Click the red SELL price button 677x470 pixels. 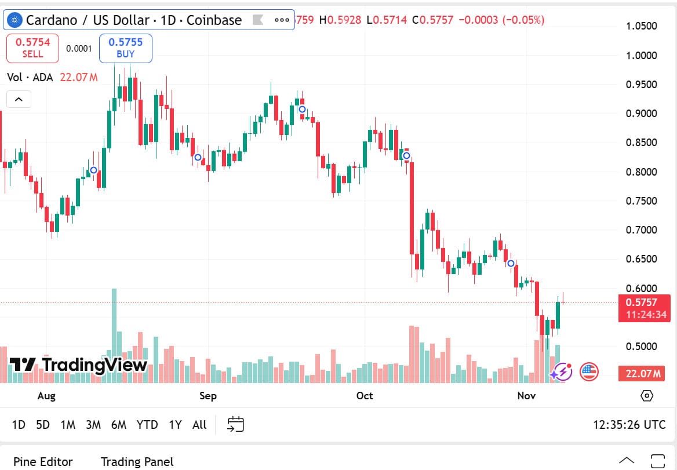pyautogui.click(x=32, y=48)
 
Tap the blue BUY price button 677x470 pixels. pyautogui.click(x=125, y=48)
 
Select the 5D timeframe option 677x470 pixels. pyautogui.click(x=43, y=425)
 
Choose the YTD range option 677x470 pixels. pyautogui.click(x=147, y=425)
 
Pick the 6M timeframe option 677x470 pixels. pyautogui.click(x=118, y=425)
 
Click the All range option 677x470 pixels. pyautogui.click(x=199, y=425)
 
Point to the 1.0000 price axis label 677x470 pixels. pyautogui.click(x=642, y=56)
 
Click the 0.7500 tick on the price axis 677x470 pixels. pyautogui.click(x=642, y=201)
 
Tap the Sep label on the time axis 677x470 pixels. pyautogui.click(x=208, y=396)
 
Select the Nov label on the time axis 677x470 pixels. pyautogui.click(x=526, y=396)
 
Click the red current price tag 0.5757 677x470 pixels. pyautogui.click(x=644, y=303)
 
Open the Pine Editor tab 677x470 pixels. pyautogui.click(x=43, y=462)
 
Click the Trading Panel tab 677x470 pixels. pyautogui.click(x=137, y=462)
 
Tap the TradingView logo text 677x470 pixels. pyautogui.click(x=79, y=365)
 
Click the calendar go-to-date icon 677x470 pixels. pyautogui.click(x=235, y=424)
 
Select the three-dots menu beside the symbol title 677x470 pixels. pyautogui.click(x=282, y=20)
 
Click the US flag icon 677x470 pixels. pyautogui.click(x=589, y=371)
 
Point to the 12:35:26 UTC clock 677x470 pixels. pyautogui.click(x=629, y=425)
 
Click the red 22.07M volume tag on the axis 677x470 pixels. pyautogui.click(x=644, y=374)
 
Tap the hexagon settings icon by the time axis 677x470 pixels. pyautogui.click(x=647, y=396)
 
